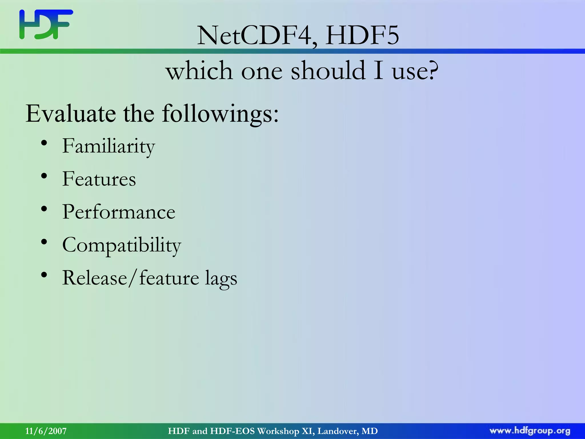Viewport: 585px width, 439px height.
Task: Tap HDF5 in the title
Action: pos(362,36)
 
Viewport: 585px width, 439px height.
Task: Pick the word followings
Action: pos(220,114)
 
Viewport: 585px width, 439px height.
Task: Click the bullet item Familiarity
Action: pos(109,146)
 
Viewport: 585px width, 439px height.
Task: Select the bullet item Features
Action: pos(99,179)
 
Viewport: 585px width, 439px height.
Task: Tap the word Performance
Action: pos(119,212)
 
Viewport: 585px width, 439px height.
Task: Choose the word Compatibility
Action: pos(122,245)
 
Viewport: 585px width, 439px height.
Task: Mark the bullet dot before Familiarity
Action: pos(44,143)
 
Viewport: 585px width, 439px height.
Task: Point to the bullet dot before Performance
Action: pos(44,209)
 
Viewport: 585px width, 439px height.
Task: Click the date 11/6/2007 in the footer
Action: pos(46,431)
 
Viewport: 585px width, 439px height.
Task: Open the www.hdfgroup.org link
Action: pos(530,431)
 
